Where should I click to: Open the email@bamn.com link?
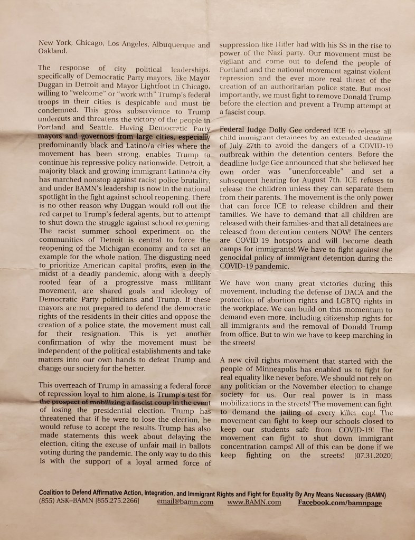point(185,502)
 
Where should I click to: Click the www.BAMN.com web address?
point(254,502)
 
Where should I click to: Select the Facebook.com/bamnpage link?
point(339,502)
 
